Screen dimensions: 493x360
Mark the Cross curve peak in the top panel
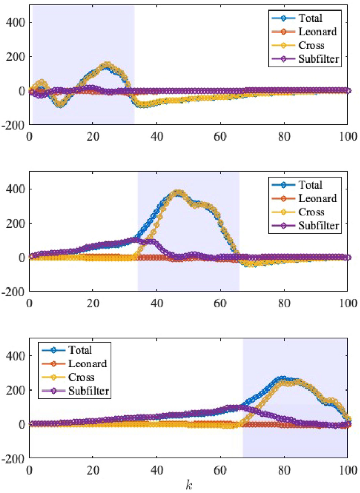pos(107,65)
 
